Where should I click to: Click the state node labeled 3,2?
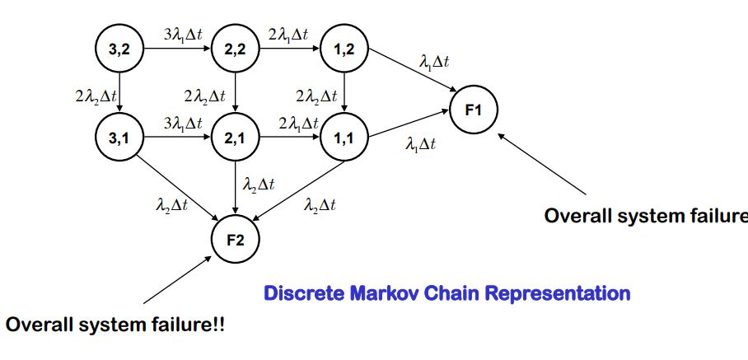click(x=120, y=50)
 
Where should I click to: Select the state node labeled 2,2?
click(x=236, y=50)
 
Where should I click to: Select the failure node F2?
click(x=236, y=239)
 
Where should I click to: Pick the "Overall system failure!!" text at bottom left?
click(x=115, y=325)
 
